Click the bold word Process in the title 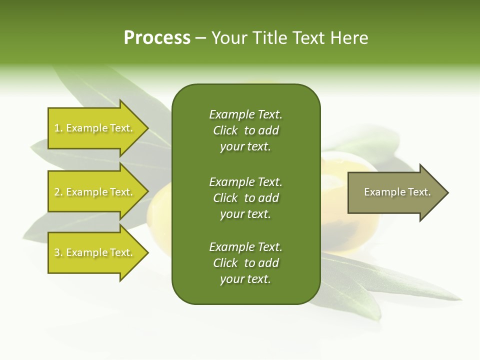(x=157, y=38)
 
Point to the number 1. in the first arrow (x=58, y=128)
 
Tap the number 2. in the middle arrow (x=58, y=192)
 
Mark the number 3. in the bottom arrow (x=58, y=252)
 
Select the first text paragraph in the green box (x=245, y=130)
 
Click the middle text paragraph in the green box (x=245, y=197)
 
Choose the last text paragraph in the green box (x=245, y=263)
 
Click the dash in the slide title (x=200, y=38)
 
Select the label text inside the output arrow (x=397, y=192)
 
